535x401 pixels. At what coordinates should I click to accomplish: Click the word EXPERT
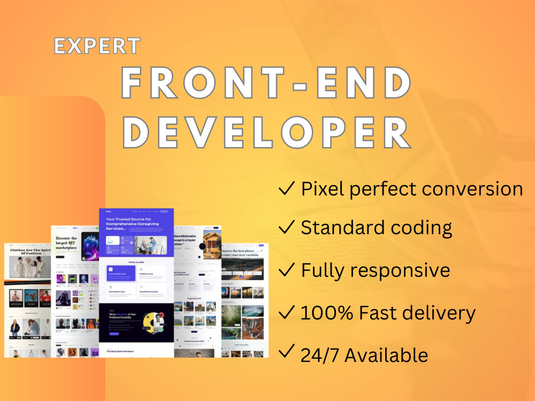[97, 47]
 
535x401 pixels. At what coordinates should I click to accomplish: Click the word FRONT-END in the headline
[266, 84]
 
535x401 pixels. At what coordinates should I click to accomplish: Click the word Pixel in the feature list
[320, 189]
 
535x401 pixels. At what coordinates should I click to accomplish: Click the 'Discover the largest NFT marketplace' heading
[67, 243]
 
